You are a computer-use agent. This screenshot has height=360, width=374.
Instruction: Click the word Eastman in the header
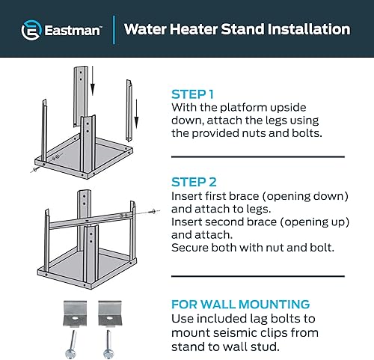tap(71, 31)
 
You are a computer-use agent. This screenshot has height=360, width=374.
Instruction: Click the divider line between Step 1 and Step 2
tap(258, 156)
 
